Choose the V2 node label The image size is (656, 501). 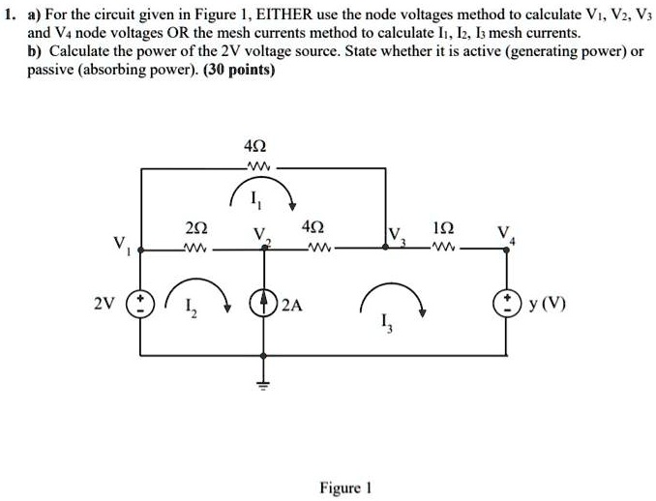[x=257, y=235]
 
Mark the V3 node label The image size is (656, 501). [x=396, y=235]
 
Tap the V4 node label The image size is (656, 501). [x=501, y=235]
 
